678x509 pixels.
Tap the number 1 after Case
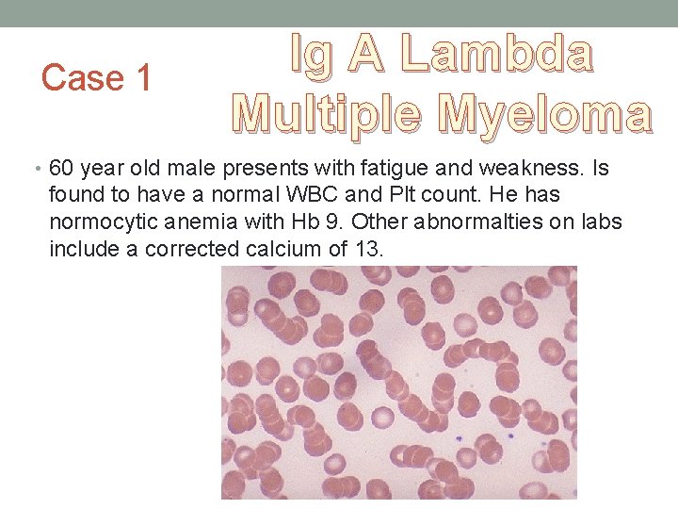[x=142, y=77]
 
